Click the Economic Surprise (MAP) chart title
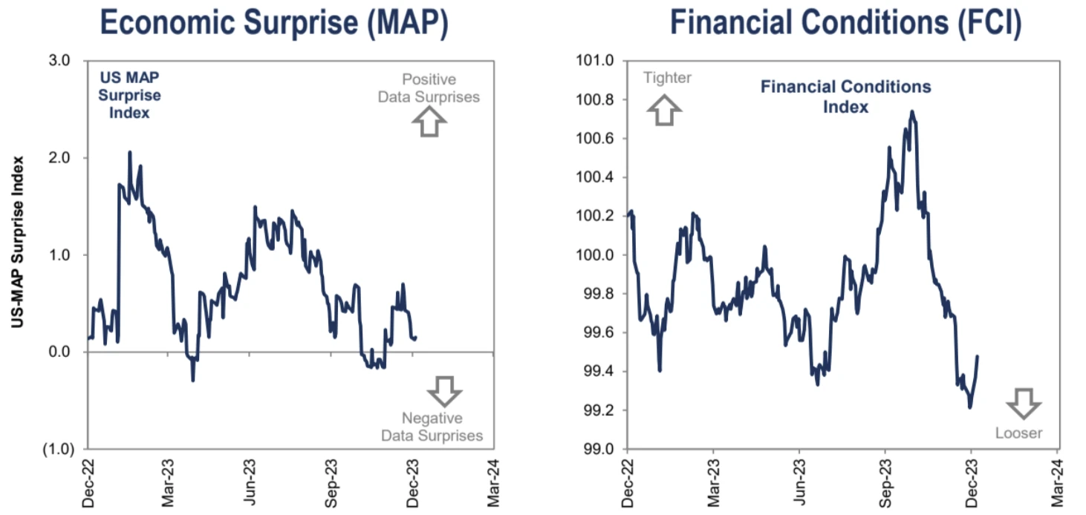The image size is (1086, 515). pyautogui.click(x=273, y=23)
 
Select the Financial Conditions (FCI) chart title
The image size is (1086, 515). pyautogui.click(x=846, y=23)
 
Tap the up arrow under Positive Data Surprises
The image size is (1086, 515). pyautogui.click(x=429, y=122)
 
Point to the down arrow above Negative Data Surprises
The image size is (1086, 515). pyautogui.click(x=445, y=390)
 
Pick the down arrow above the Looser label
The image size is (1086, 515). pyautogui.click(x=1024, y=403)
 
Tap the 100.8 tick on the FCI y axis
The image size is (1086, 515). pyautogui.click(x=596, y=99)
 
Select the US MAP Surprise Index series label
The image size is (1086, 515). pyautogui.click(x=130, y=95)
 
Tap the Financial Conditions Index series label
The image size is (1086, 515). pyautogui.click(x=845, y=96)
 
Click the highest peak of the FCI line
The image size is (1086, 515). pyautogui.click(x=911, y=112)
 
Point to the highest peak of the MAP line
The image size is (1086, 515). pyautogui.click(x=130, y=152)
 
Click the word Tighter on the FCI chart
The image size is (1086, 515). pyautogui.click(x=667, y=78)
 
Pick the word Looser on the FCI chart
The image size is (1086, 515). pyautogui.click(x=1018, y=433)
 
